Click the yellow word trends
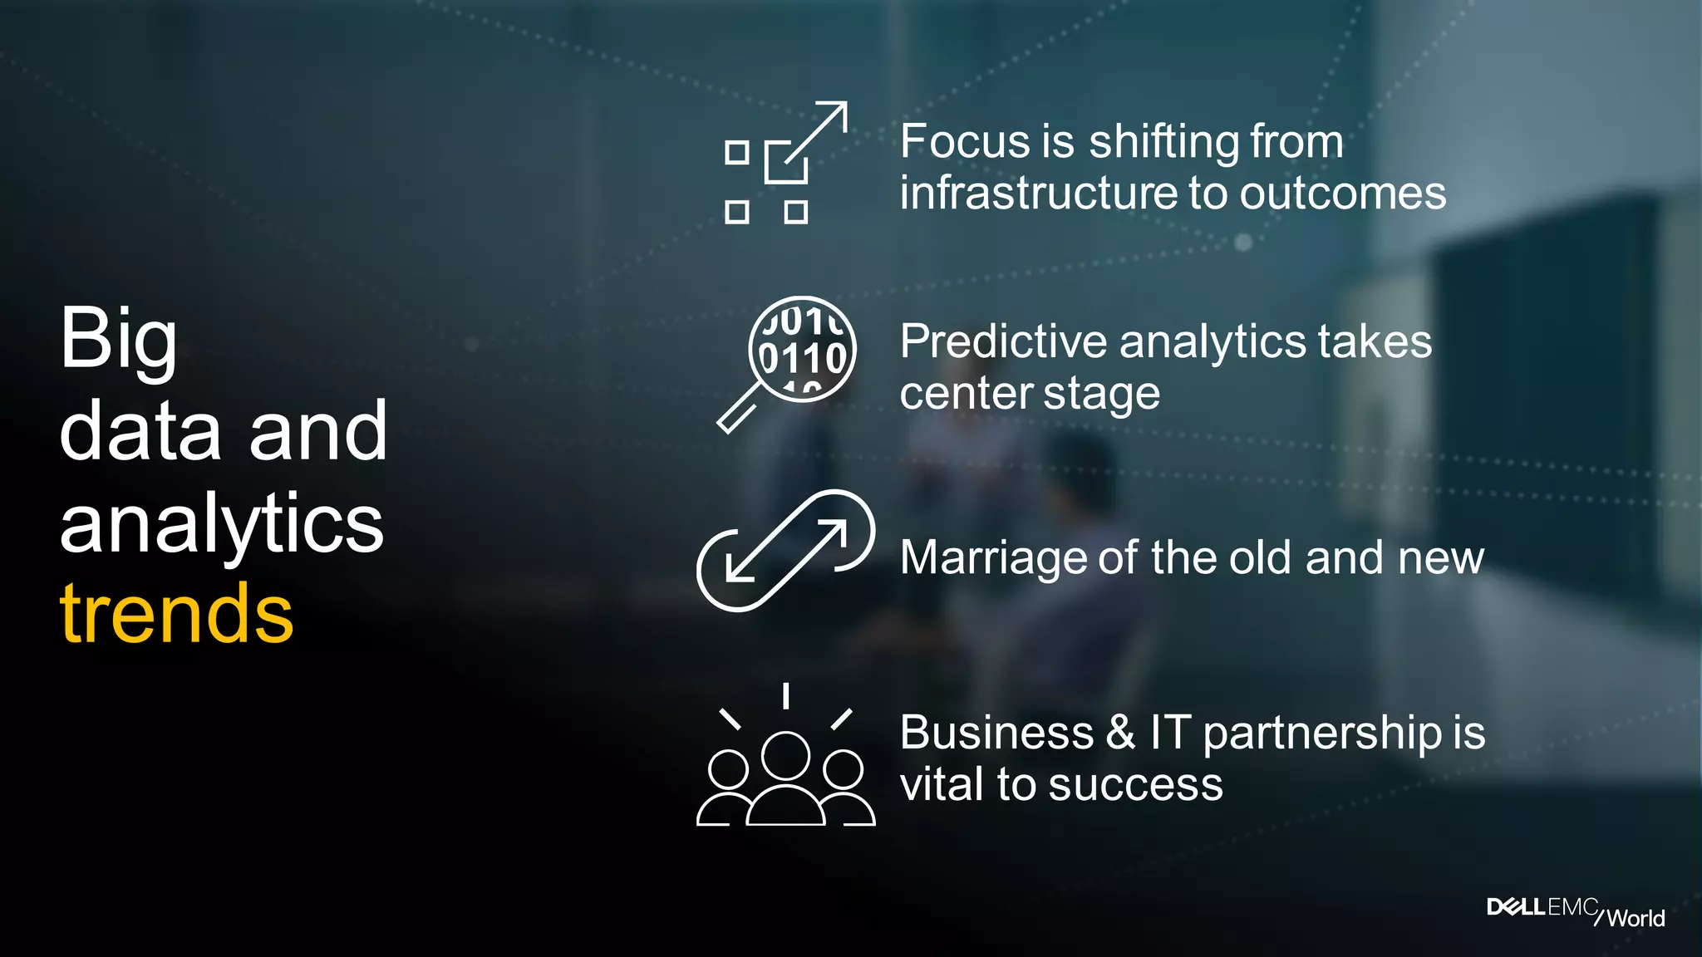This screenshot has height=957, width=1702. (176, 614)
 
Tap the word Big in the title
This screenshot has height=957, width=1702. (118, 341)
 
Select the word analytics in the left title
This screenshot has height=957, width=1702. (221, 524)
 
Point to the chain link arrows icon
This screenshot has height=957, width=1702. (785, 551)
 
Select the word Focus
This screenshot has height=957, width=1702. (964, 141)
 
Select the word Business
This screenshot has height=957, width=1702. (996, 734)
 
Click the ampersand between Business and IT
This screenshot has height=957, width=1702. (1120, 734)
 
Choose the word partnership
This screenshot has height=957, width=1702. (1322, 735)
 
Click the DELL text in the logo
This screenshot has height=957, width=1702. (1516, 907)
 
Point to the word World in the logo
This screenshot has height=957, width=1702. (1636, 918)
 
